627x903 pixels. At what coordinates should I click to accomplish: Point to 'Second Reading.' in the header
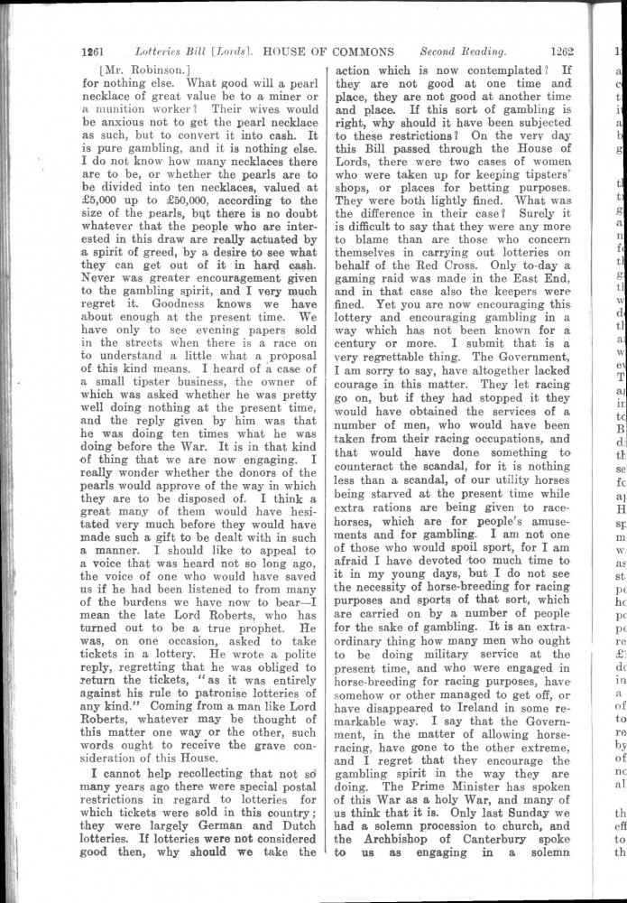coord(462,51)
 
